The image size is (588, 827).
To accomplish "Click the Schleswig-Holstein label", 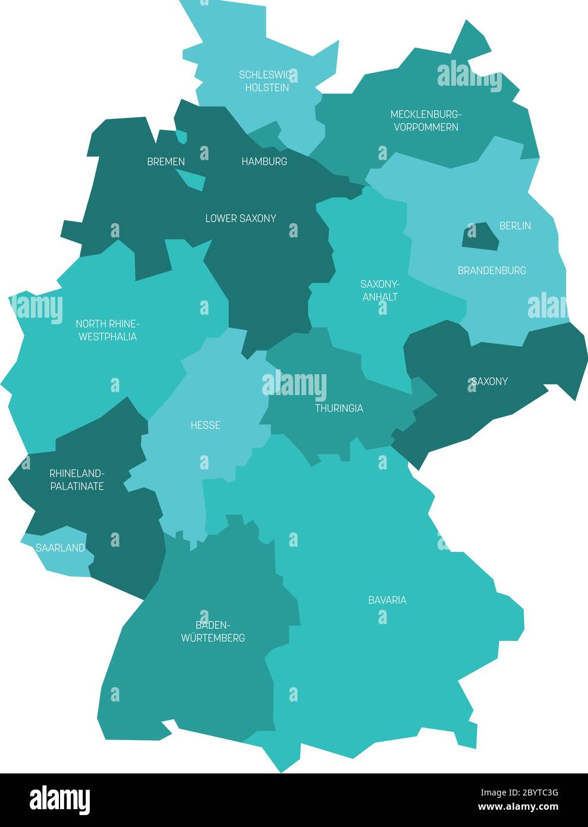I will tap(265, 81).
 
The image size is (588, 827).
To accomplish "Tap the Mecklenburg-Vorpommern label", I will tap(425, 120).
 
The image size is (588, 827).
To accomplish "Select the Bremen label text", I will tap(166, 161).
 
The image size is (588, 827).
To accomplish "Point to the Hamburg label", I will tap(264, 161).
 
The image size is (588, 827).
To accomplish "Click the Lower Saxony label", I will tap(240, 218).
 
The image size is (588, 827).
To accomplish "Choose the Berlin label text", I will tap(515, 225).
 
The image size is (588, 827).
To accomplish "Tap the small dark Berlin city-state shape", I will tap(480, 236).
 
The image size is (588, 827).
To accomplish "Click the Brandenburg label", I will tap(491, 270).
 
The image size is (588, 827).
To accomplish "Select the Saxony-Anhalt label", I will tap(379, 290).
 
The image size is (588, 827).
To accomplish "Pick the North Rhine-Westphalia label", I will tap(107, 330).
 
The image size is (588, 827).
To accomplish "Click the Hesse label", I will tap(205, 425).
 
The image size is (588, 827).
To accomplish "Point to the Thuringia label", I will tap(339, 408).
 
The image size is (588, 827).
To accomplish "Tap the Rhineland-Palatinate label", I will tap(76, 480).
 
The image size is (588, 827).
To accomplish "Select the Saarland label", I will tap(60, 548).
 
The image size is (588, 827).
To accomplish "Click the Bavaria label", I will tap(387, 600).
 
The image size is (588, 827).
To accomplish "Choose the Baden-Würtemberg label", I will tap(212, 631).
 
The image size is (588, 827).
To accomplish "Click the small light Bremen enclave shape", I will tap(191, 177).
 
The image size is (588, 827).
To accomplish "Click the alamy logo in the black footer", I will tap(59, 800).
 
